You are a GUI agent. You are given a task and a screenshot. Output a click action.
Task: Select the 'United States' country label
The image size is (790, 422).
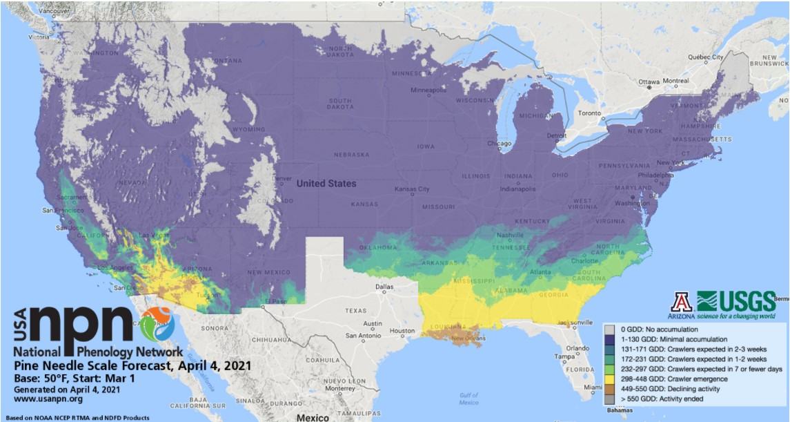coord(327,184)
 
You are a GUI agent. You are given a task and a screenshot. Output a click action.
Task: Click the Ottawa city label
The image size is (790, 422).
coord(649,81)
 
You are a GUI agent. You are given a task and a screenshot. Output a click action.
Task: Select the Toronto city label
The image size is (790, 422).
coord(590,113)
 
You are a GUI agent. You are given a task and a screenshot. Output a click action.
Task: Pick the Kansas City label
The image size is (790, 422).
coord(412,189)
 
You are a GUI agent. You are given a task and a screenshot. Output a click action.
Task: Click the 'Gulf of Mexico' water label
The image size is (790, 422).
coord(468,398)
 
